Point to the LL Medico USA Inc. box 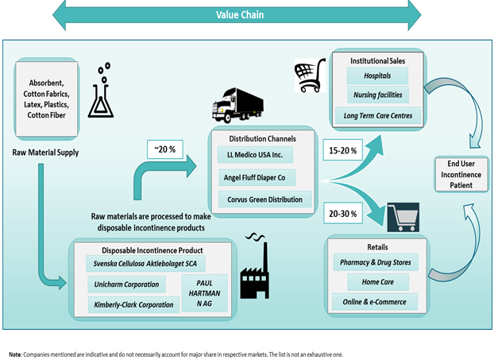(261, 151)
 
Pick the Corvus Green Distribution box (261, 199)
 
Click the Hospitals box (376, 77)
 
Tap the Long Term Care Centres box (376, 117)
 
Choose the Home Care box (377, 282)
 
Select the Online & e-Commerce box (377, 303)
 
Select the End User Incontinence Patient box (458, 173)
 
